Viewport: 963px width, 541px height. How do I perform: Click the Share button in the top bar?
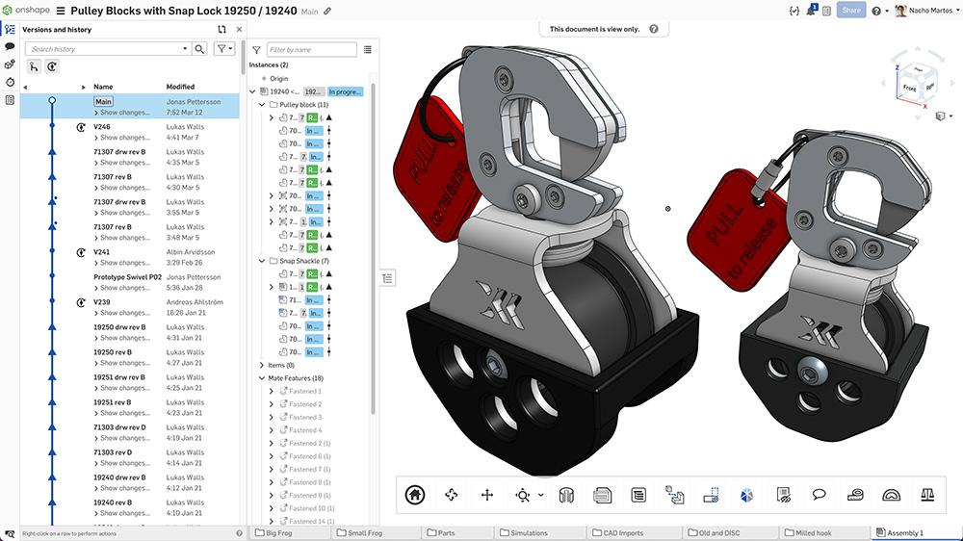pos(851,11)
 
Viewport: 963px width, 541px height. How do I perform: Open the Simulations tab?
pos(528,532)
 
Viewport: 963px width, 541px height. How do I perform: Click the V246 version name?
pos(102,126)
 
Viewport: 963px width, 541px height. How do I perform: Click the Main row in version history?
pos(103,101)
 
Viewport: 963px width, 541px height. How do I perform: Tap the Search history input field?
pos(107,49)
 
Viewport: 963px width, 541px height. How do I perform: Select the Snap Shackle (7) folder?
pos(304,261)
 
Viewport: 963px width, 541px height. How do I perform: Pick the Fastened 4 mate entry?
pos(306,430)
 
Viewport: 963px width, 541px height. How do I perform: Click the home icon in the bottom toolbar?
pos(415,495)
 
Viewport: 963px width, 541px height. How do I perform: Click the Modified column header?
pos(180,87)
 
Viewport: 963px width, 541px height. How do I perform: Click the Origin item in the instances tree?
pos(279,78)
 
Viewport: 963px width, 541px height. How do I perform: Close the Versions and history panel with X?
pos(239,30)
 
